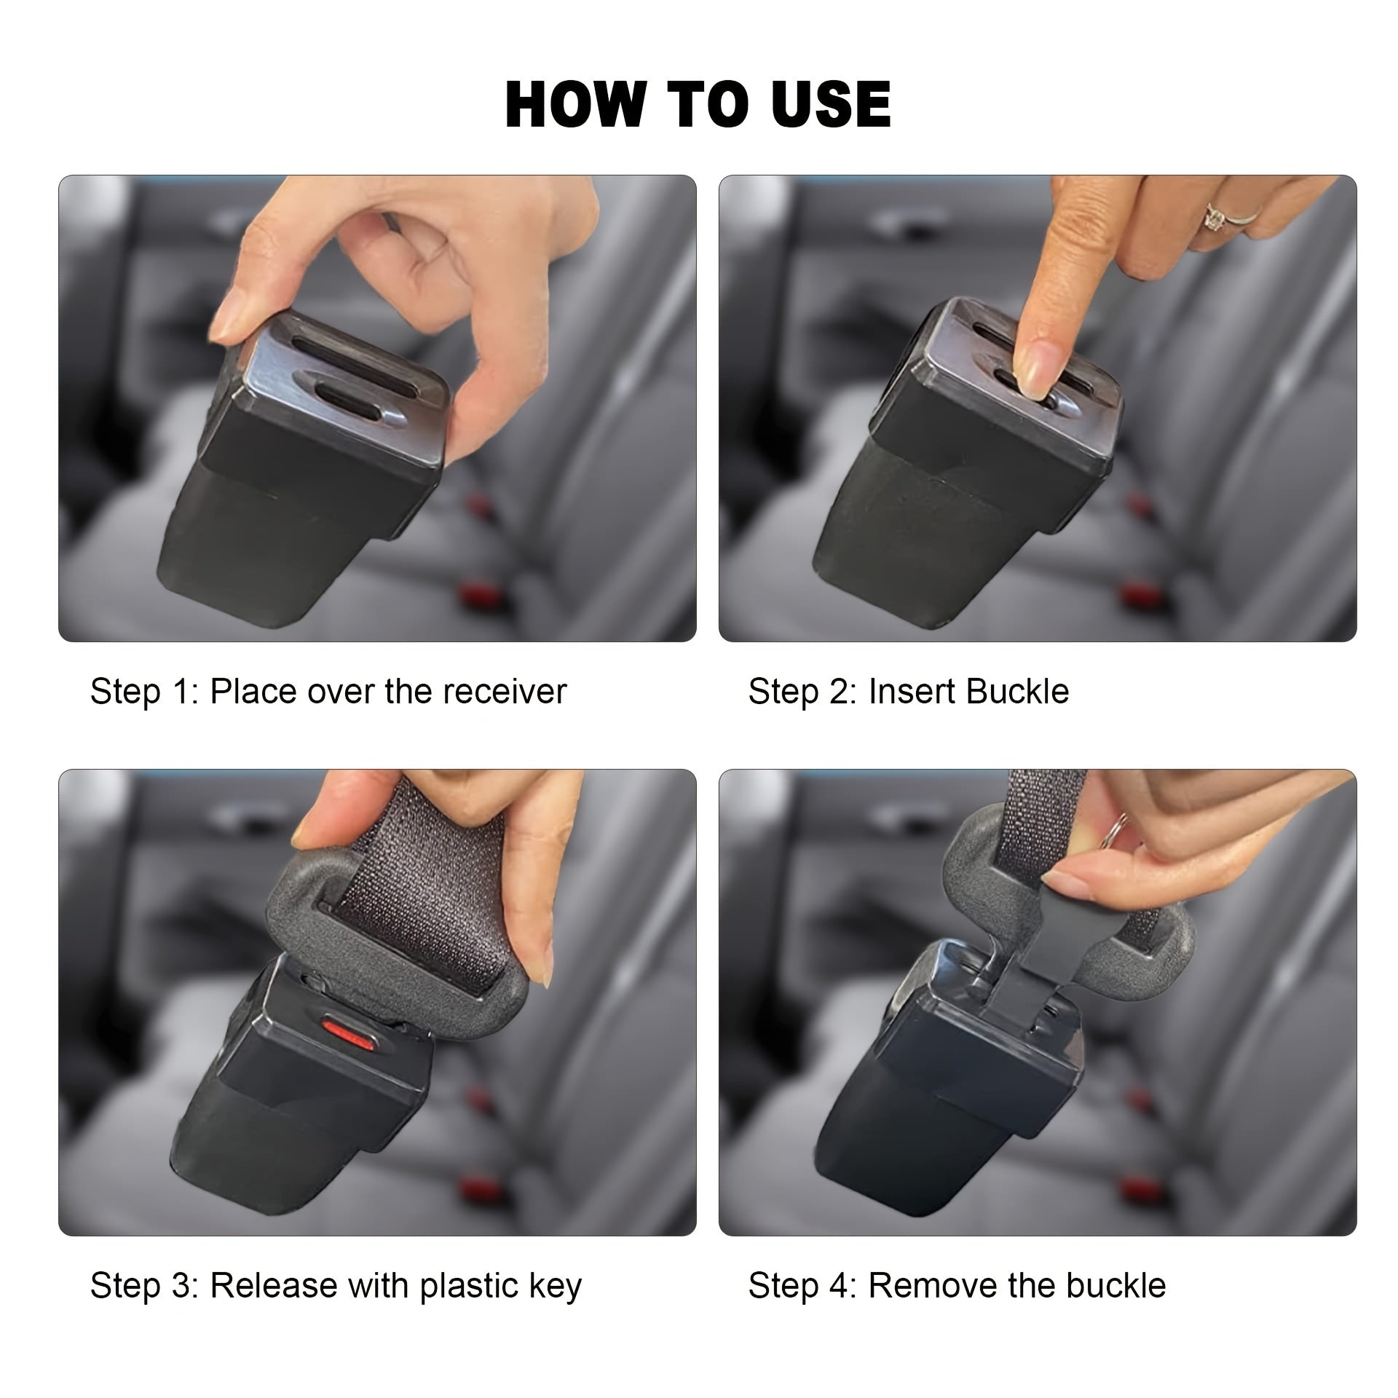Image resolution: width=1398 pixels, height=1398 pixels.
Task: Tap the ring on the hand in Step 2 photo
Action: click(1215, 216)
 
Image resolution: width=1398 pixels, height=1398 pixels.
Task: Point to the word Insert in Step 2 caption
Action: click(910, 691)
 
